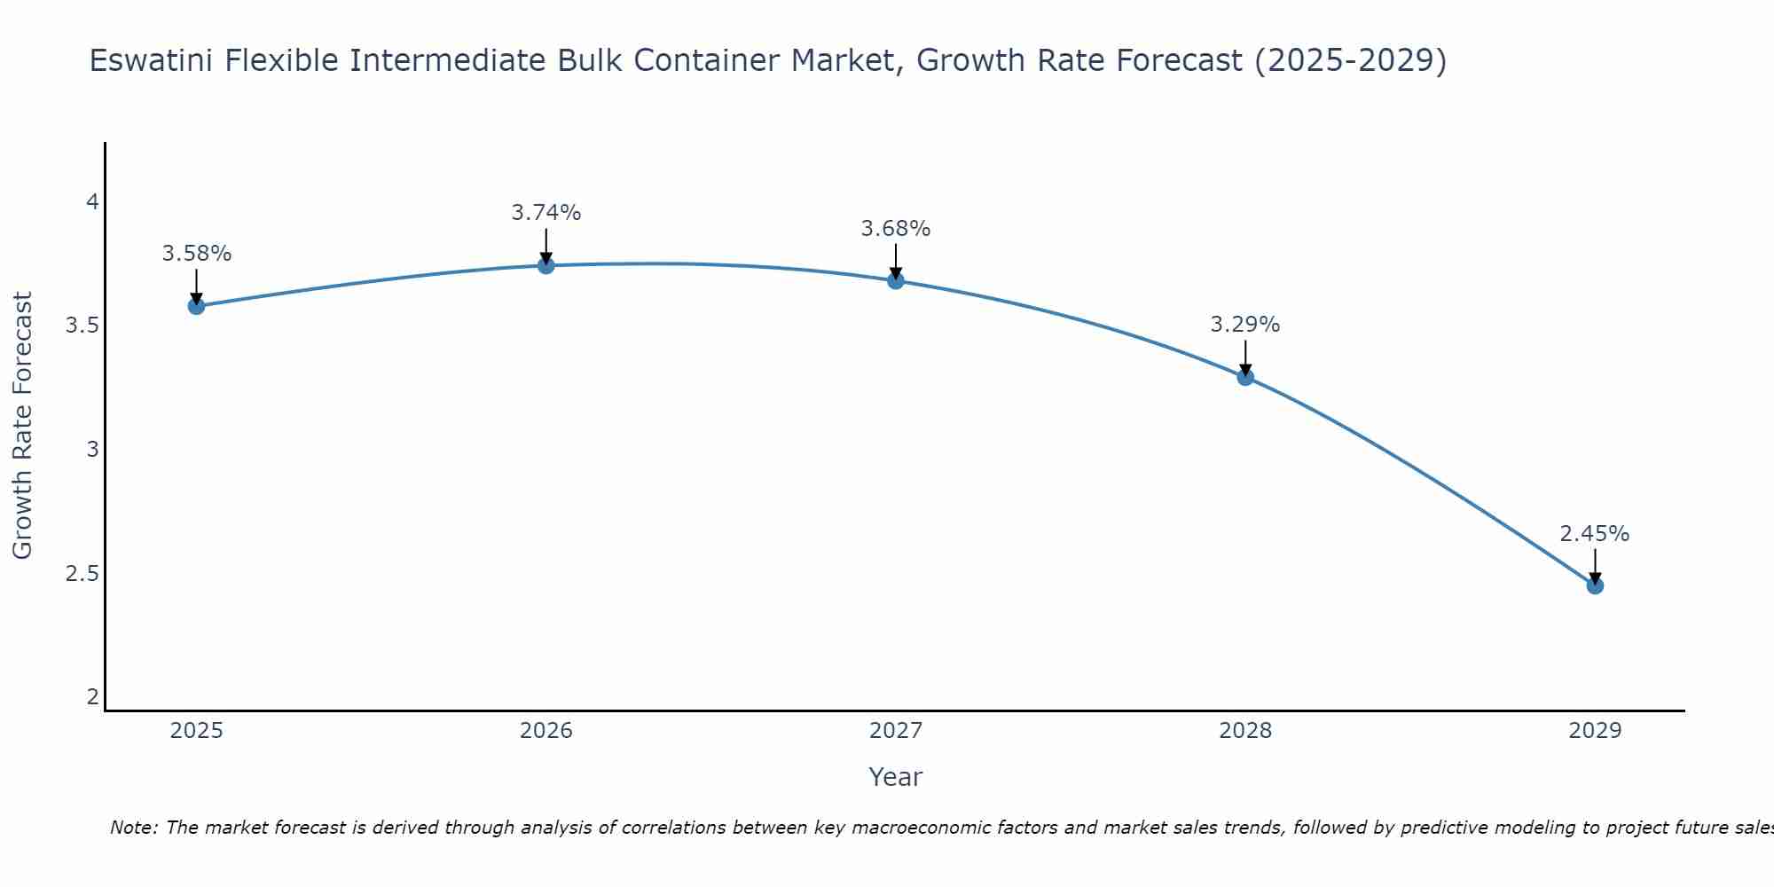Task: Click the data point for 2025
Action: (x=196, y=306)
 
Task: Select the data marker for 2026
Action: (x=546, y=265)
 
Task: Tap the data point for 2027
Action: (x=896, y=280)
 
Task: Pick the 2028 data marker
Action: (x=1245, y=377)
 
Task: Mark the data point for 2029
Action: (x=1595, y=585)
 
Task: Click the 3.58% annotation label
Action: (x=196, y=254)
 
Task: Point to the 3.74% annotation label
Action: (x=546, y=213)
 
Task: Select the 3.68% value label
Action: (x=896, y=229)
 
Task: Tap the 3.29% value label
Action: (x=1245, y=325)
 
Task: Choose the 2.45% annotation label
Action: (x=1595, y=534)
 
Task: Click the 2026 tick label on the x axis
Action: (x=546, y=731)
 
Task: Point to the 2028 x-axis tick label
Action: (x=1245, y=731)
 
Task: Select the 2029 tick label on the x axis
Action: (x=1595, y=731)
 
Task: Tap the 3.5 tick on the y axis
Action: (x=82, y=326)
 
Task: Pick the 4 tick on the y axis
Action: (x=92, y=202)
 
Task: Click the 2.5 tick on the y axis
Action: (x=82, y=573)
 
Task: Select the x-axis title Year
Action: (x=896, y=777)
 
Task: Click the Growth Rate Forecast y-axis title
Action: (x=22, y=425)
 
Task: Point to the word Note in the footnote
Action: (x=132, y=828)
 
